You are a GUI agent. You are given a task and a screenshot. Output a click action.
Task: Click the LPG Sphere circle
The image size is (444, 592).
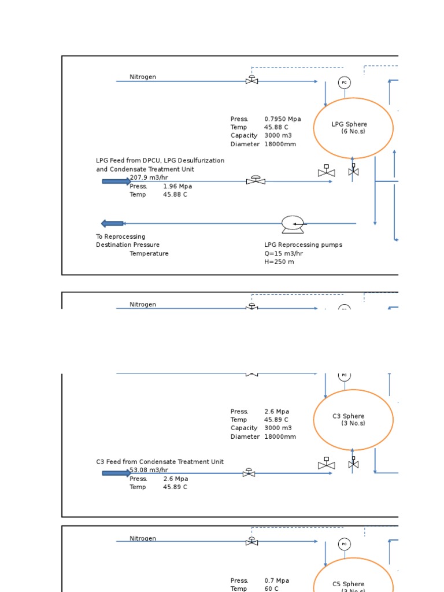[x=353, y=128]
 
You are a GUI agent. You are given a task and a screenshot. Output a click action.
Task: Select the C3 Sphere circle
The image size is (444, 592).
[x=353, y=420]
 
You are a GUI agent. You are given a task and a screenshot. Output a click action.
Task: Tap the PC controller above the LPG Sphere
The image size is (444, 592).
[x=345, y=83]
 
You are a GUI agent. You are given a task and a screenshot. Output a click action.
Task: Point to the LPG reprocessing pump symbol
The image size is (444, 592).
[x=293, y=224]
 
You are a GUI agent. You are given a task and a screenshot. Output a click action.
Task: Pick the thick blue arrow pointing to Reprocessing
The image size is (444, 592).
[x=112, y=224]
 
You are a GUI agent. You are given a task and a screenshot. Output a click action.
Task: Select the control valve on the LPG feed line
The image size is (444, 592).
[x=256, y=180]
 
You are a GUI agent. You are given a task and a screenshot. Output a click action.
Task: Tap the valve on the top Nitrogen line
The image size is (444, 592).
[x=251, y=80]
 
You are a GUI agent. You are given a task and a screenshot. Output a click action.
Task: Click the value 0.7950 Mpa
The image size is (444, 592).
[x=283, y=119]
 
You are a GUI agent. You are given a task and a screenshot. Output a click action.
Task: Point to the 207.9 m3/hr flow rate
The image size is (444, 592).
[x=149, y=177]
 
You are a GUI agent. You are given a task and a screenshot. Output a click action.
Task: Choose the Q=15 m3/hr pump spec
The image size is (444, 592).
[x=284, y=253]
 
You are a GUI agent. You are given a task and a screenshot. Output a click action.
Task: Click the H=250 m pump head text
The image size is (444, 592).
[x=279, y=262]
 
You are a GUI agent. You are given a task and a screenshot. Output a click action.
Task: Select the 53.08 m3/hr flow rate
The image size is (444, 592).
[x=149, y=470]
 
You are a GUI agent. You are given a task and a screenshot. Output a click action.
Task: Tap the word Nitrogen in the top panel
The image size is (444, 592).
[x=143, y=77]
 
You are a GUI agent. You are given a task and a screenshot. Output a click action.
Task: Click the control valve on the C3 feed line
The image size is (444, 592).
[x=249, y=472]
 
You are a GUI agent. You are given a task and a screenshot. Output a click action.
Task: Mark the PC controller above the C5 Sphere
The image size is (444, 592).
[x=345, y=544]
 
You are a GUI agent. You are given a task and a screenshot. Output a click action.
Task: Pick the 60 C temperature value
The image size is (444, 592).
[x=272, y=589]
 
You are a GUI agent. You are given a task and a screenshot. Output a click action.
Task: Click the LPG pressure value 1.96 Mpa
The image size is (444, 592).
[x=177, y=186]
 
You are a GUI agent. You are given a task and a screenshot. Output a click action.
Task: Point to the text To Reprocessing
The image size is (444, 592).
[x=121, y=236]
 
